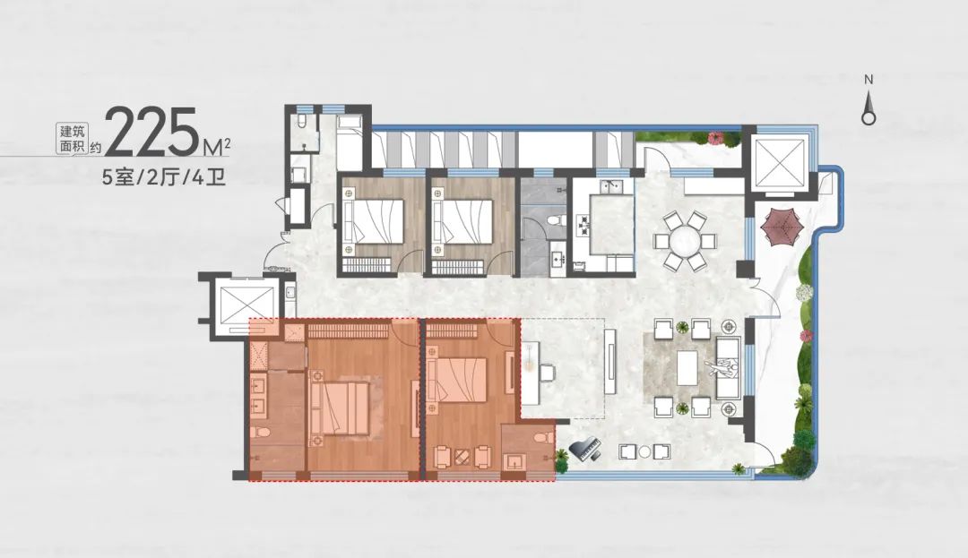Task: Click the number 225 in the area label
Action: pos(156,133)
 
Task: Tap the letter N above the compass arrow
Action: pos(869,80)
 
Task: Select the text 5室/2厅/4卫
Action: pos(164,178)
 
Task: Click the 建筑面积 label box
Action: pos(73,140)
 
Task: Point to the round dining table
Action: pos(686,241)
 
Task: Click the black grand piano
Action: pos(584,450)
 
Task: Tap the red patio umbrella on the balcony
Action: pos(783,227)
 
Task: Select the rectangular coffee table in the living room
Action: pos(687,367)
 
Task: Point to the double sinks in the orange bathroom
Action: pos(257,397)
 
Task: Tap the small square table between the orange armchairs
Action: pos(461,458)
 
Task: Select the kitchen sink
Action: pos(612,185)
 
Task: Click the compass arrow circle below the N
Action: pos(869,117)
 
